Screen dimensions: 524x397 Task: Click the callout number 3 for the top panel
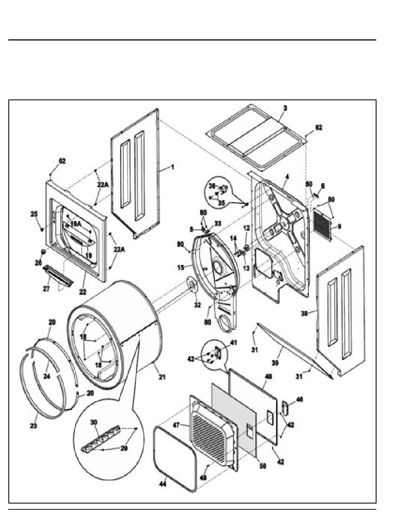pyautogui.click(x=285, y=108)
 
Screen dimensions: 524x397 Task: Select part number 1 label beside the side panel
pyautogui.click(x=173, y=167)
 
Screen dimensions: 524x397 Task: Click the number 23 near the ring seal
pyautogui.click(x=33, y=426)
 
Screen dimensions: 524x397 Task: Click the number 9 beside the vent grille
pyautogui.click(x=339, y=226)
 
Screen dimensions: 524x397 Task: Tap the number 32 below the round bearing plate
pyautogui.click(x=197, y=305)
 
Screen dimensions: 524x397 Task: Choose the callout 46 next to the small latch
pyautogui.click(x=300, y=400)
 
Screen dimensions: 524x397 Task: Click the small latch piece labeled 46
pyautogui.click(x=285, y=407)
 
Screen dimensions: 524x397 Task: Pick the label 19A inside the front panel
pyautogui.click(x=76, y=224)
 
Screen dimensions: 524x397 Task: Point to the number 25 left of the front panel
pyautogui.click(x=34, y=214)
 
